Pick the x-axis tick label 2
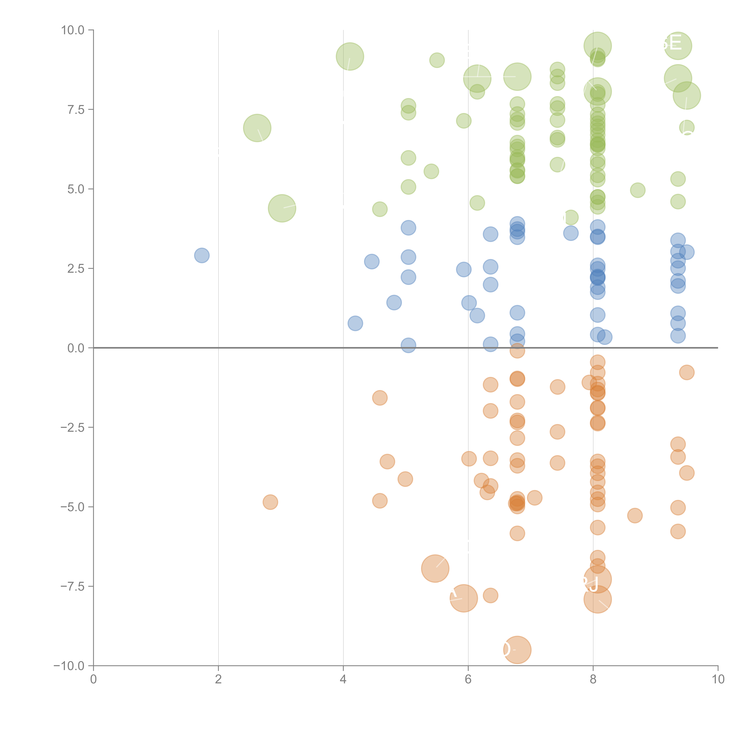pos(218,679)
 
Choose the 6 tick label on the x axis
pos(468,679)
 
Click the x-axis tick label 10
pos(718,679)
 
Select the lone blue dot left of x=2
pos(202,255)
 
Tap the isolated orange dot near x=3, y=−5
pos(270,502)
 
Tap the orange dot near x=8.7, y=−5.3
pos(635,515)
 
